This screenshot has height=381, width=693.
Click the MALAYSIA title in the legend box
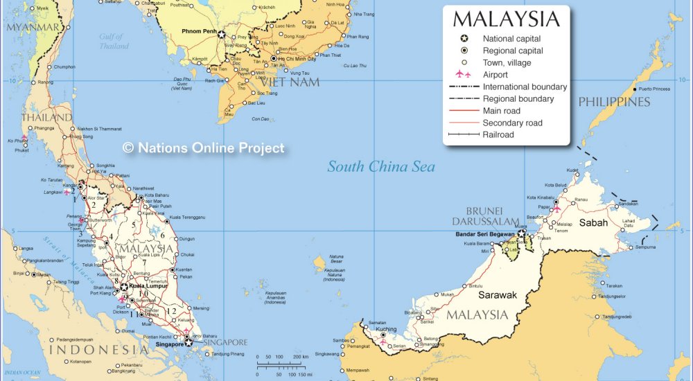coord(506,19)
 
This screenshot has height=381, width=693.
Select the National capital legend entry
coord(511,39)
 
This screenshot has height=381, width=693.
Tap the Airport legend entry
coord(495,75)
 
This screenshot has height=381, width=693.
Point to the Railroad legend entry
coord(498,134)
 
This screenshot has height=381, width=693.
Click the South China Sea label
coord(381,166)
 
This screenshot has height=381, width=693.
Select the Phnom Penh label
coord(200,32)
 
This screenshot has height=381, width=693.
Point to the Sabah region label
coord(593,222)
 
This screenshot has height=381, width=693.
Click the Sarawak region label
coord(498,295)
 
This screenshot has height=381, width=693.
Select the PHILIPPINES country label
coord(615,102)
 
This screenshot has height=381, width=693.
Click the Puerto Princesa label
coord(655,89)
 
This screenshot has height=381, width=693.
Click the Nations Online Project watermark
coord(203,148)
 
